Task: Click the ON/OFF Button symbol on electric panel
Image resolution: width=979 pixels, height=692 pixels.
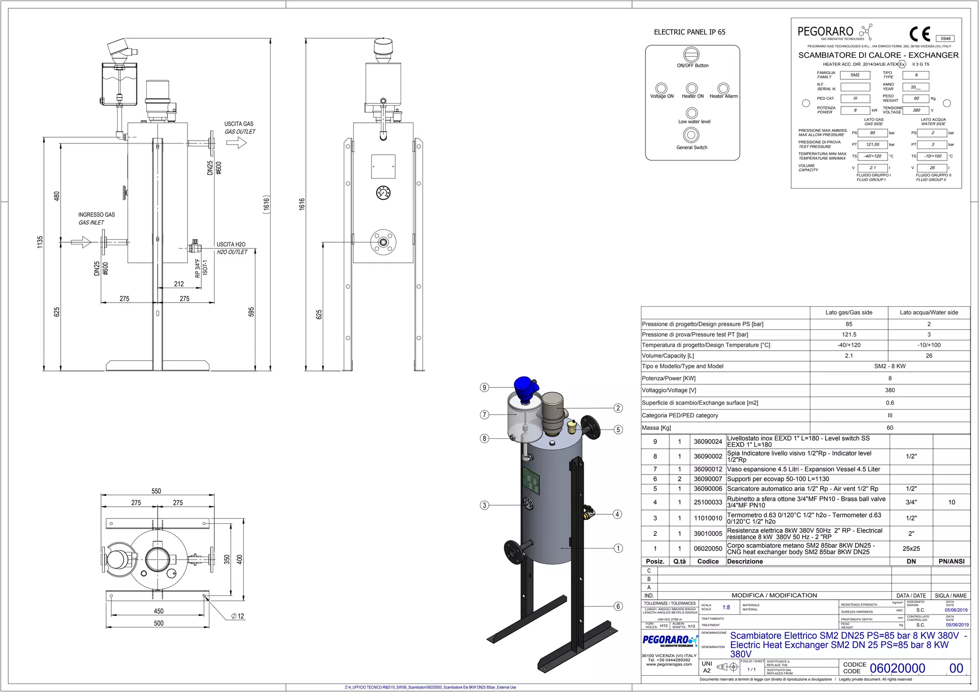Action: pyautogui.click(x=691, y=54)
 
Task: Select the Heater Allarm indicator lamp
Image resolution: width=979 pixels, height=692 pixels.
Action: pyautogui.click(x=723, y=88)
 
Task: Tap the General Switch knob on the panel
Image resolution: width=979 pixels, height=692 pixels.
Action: pyautogui.click(x=691, y=135)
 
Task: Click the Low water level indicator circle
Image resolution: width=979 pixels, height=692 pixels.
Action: pyautogui.click(x=692, y=113)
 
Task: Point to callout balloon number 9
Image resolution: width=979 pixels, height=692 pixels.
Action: pyautogui.click(x=485, y=388)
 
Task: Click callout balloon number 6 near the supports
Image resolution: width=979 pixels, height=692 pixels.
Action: pyautogui.click(x=618, y=606)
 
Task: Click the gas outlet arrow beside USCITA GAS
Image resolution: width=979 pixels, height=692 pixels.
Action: pyautogui.click(x=236, y=142)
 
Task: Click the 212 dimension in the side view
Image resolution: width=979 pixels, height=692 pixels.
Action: pyautogui.click(x=179, y=284)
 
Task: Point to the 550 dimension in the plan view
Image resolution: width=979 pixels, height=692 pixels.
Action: pyautogui.click(x=156, y=491)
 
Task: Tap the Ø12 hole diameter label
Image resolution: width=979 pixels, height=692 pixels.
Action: pyautogui.click(x=238, y=616)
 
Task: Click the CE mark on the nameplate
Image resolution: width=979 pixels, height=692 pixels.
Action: pyautogui.click(x=920, y=34)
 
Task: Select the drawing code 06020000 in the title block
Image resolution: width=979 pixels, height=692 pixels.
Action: pyautogui.click(x=897, y=668)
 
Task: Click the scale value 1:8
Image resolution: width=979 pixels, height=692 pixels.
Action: pyautogui.click(x=726, y=607)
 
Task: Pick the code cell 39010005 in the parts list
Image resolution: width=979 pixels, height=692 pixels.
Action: pyautogui.click(x=707, y=533)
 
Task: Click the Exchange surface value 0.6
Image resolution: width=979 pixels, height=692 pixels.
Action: pyautogui.click(x=890, y=403)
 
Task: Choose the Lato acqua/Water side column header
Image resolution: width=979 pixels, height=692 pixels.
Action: pyautogui.click(x=928, y=313)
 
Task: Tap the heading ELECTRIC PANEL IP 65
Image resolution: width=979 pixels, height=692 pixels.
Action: pyautogui.click(x=689, y=32)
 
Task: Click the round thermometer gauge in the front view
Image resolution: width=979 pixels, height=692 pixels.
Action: pyautogui.click(x=383, y=193)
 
